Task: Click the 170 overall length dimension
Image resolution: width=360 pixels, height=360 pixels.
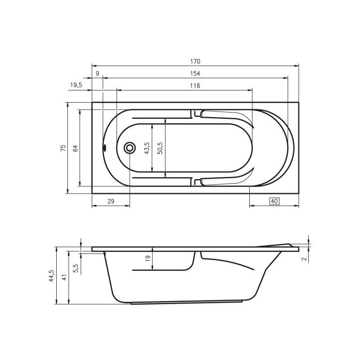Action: tap(195, 62)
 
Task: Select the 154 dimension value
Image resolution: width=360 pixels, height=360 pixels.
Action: tap(195, 73)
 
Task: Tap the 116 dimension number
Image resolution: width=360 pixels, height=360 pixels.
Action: tap(195, 85)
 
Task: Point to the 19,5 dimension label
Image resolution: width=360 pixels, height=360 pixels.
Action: tap(76, 85)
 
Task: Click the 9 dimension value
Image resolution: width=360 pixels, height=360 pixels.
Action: tap(97, 73)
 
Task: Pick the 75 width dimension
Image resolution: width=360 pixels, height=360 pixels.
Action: tap(63, 148)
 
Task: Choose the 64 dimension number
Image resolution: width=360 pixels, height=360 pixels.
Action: tap(75, 148)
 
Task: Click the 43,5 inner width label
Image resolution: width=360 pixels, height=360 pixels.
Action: tap(147, 148)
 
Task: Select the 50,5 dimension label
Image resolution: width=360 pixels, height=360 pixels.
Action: tap(160, 148)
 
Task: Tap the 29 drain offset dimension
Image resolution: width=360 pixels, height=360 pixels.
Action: tap(111, 201)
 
